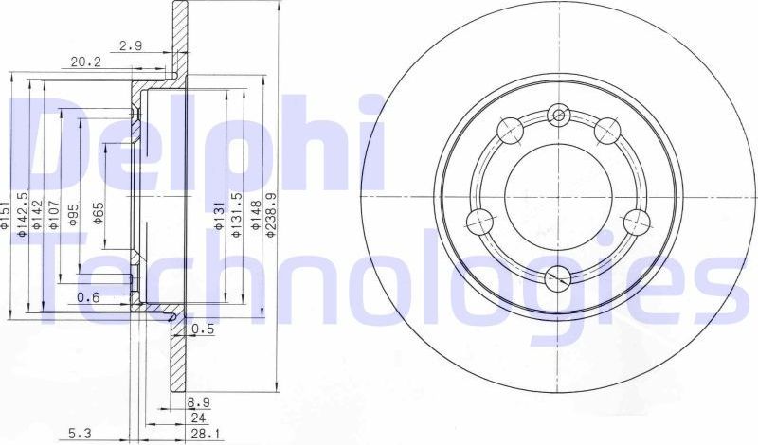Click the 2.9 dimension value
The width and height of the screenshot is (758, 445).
click(x=131, y=44)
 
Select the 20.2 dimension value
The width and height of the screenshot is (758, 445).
click(x=86, y=62)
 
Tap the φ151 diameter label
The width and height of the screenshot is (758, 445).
click(x=6, y=217)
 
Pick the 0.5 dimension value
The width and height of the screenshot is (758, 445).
click(x=202, y=329)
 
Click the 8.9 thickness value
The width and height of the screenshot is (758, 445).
click(x=198, y=402)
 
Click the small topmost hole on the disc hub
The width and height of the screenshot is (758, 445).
click(x=558, y=116)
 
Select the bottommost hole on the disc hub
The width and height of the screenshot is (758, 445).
click(x=558, y=276)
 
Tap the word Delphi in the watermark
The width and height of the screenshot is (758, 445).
click(x=189, y=142)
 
